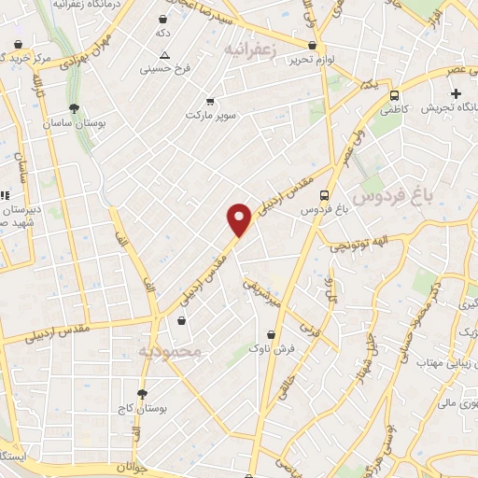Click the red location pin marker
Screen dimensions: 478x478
(240, 218)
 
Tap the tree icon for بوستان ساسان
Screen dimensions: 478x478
(74, 108)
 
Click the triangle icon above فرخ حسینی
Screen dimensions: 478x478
(165, 55)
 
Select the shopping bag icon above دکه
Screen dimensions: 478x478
(163, 19)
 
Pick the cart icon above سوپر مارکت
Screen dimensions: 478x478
(209, 101)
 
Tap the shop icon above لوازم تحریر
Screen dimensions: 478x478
(312, 45)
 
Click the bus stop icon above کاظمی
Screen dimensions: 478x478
(395, 94)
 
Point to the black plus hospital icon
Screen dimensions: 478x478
(456, 93)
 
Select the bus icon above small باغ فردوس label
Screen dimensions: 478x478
(324, 195)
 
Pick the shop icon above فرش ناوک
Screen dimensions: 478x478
(272, 333)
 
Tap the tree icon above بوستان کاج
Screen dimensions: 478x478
(142, 394)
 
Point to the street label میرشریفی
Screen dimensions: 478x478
(261, 291)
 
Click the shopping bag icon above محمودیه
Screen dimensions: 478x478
(181, 320)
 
